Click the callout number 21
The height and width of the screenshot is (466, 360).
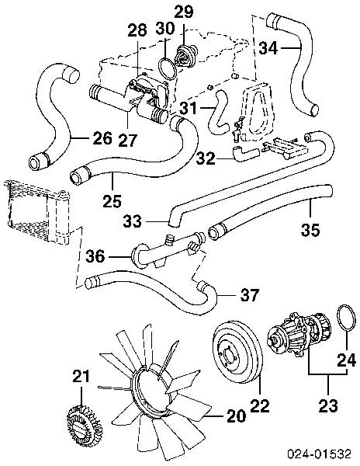coord(81,377)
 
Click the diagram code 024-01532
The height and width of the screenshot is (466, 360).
coord(320,454)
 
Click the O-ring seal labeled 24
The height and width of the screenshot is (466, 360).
coord(342,324)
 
